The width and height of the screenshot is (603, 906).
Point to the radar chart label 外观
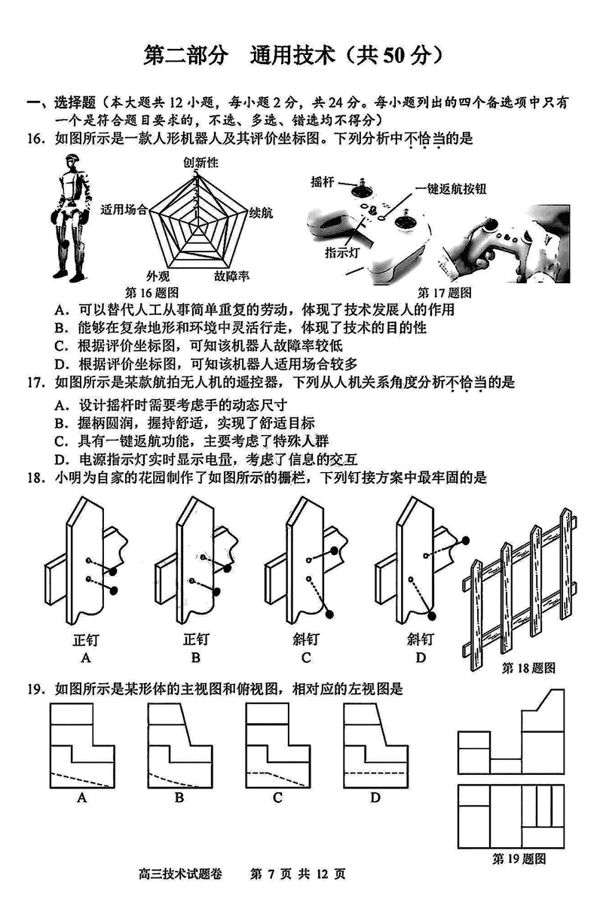click(158, 276)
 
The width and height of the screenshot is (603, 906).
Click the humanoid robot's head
click(73, 163)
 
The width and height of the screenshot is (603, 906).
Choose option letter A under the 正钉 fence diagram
click(86, 657)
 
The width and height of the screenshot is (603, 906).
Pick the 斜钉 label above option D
click(420, 640)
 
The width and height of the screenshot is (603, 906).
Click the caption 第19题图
click(519, 859)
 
